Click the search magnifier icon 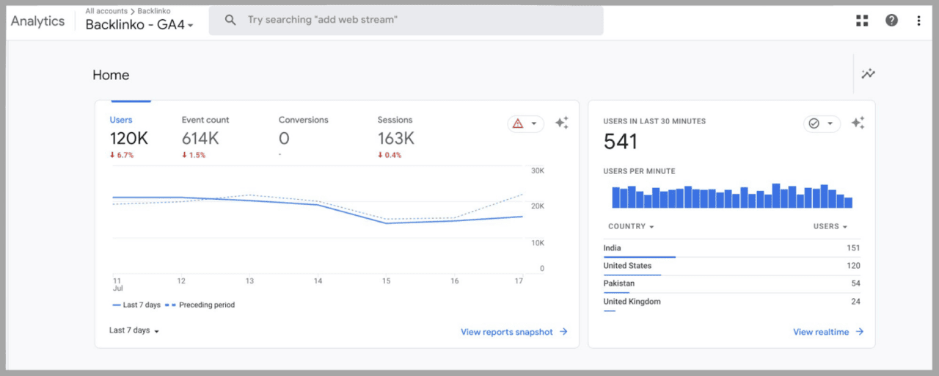click(x=230, y=21)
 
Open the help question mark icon click(x=891, y=21)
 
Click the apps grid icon click(x=862, y=21)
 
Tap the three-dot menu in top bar click(x=918, y=21)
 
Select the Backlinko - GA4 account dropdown click(x=139, y=25)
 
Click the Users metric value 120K click(x=128, y=138)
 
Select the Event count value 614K click(x=200, y=138)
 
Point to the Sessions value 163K click(x=396, y=138)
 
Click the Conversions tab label click(x=303, y=120)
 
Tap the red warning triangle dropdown click(x=525, y=123)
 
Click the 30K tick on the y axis click(x=537, y=170)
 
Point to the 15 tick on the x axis click(x=386, y=281)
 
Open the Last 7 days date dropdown click(x=134, y=330)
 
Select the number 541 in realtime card click(x=620, y=142)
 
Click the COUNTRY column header click(x=630, y=226)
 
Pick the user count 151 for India click(x=852, y=248)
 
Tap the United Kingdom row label click(x=632, y=302)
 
